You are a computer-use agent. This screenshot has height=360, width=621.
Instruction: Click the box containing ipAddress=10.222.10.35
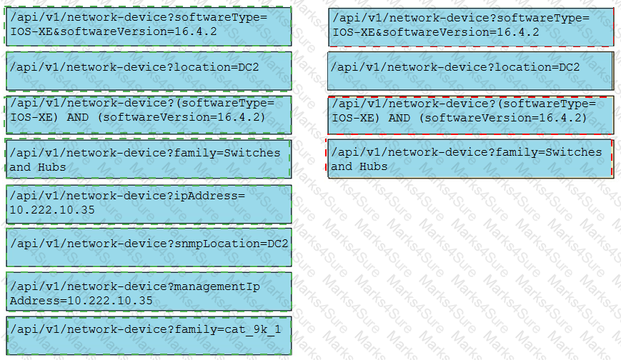click(x=149, y=204)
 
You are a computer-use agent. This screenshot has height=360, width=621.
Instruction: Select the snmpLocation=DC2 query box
click(x=149, y=248)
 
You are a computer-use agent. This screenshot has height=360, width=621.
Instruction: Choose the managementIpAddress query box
click(x=149, y=291)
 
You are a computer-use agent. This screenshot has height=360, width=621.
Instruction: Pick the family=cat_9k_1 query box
click(x=149, y=336)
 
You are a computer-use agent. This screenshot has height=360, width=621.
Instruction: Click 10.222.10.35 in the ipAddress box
click(x=52, y=210)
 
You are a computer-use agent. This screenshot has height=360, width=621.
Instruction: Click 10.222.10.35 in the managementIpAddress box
click(x=110, y=301)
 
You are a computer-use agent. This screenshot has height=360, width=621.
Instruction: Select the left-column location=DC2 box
click(x=149, y=71)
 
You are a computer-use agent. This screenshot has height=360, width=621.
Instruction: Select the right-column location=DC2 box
click(x=470, y=71)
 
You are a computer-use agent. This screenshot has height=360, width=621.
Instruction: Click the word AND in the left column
click(x=78, y=117)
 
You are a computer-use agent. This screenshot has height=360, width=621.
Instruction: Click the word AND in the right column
click(x=399, y=118)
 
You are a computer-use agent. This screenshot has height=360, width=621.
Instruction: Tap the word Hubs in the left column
click(x=52, y=167)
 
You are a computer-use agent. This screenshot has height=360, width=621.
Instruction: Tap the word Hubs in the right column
click(x=374, y=166)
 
